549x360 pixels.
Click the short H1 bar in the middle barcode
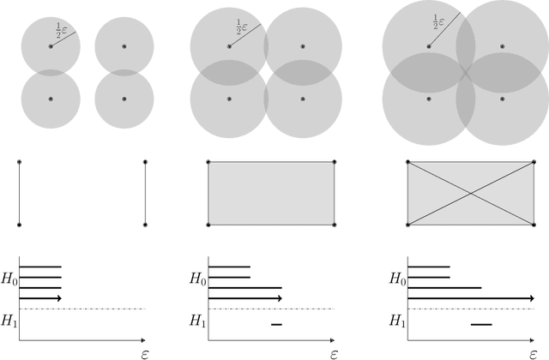point(276,324)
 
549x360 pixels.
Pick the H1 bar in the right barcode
point(481,324)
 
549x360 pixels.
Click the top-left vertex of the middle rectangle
point(208,161)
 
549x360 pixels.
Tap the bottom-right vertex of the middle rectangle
point(335,225)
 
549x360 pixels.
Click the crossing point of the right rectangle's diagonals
point(470,193)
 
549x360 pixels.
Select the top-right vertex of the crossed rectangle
point(534,161)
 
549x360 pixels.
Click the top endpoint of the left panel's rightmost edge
point(145,161)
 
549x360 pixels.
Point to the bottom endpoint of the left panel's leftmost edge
point(19,225)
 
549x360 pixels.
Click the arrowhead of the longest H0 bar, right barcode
point(530,297)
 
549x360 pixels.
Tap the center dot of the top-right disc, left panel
point(124,45)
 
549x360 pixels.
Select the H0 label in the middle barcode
point(197,279)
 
